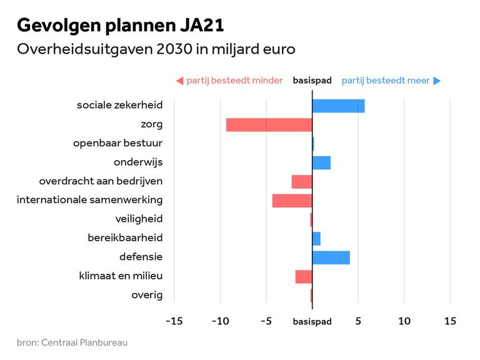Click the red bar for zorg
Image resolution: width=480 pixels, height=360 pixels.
[x=269, y=125]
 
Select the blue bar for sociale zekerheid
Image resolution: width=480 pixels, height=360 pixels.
[x=338, y=106]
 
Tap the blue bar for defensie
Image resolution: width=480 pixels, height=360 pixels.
[x=331, y=257]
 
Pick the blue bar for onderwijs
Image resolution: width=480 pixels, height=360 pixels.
[x=321, y=162]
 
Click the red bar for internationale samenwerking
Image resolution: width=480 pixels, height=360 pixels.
[x=292, y=201]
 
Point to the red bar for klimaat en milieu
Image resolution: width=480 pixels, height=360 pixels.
[x=304, y=276]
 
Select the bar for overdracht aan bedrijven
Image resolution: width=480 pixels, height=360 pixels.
[x=302, y=182]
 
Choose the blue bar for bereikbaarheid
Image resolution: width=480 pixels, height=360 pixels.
[x=316, y=238]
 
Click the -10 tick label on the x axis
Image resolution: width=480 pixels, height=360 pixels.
[x=220, y=321]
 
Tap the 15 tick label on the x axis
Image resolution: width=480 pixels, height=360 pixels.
[x=450, y=321]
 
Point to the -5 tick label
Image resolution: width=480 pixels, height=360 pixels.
[x=266, y=321]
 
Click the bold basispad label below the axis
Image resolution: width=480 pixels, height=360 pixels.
[x=312, y=322]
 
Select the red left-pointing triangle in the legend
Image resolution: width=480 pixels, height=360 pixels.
[x=179, y=81]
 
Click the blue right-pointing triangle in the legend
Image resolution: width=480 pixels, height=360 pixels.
[x=437, y=81]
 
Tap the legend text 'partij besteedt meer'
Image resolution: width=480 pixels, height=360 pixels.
[x=386, y=81]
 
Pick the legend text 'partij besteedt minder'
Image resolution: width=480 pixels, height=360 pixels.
[x=234, y=81]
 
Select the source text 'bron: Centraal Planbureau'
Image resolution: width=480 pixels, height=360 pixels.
[x=72, y=342]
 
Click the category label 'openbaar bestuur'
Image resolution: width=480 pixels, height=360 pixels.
[x=117, y=143]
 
